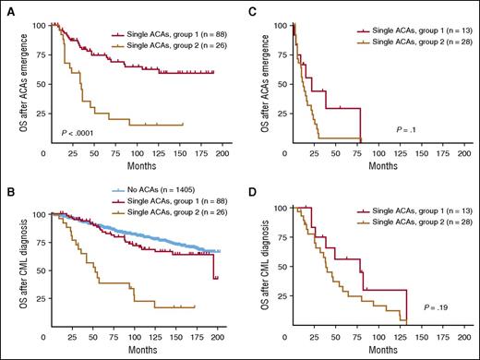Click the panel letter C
(x=252, y=8)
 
